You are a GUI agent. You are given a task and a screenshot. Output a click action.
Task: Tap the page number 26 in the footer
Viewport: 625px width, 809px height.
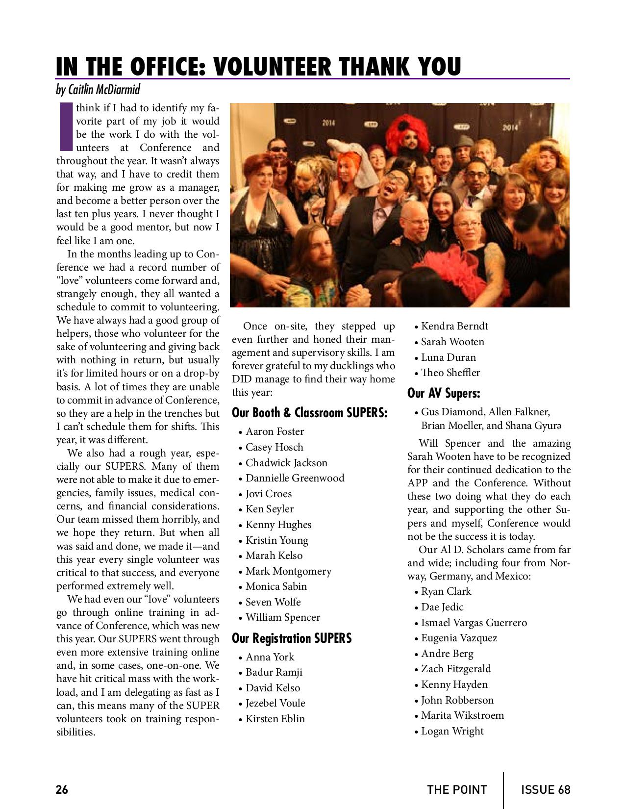pyautogui.click(x=62, y=789)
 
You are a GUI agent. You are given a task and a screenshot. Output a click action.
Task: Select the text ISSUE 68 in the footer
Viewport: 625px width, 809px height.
pyautogui.click(x=546, y=789)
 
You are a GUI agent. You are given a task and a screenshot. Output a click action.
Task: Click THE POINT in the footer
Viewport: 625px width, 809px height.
pyautogui.click(x=457, y=789)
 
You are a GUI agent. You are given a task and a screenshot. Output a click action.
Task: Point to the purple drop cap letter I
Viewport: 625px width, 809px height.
pyautogui.click(x=65, y=126)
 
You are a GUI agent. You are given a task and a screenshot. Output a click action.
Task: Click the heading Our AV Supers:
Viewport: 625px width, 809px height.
pyautogui.click(x=444, y=393)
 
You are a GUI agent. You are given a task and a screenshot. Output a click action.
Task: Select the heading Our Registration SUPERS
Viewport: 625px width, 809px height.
pyautogui.click(x=292, y=638)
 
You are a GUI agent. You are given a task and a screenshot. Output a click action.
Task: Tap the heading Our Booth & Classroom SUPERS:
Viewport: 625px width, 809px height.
pyautogui.click(x=309, y=412)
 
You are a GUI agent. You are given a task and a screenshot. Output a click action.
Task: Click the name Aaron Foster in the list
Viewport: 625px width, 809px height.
pyautogui.click(x=275, y=431)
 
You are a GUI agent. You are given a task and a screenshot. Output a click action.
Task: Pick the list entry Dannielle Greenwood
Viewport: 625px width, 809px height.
pyautogui.click(x=295, y=478)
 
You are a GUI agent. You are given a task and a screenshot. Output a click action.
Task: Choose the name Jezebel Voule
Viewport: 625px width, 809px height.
pyautogui.click(x=275, y=703)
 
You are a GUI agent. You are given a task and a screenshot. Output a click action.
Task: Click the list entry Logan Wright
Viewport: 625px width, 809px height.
pyautogui.click(x=452, y=731)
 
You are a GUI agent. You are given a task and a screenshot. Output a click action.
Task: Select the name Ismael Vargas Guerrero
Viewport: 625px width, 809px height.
pyautogui.click(x=474, y=623)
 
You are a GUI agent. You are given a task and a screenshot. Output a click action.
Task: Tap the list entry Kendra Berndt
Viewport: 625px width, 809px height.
pyautogui.click(x=454, y=326)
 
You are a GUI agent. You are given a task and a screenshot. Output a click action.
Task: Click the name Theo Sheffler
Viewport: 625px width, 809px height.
pyautogui.click(x=450, y=373)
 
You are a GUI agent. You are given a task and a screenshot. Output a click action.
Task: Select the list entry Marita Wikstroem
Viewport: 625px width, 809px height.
pyautogui.click(x=462, y=715)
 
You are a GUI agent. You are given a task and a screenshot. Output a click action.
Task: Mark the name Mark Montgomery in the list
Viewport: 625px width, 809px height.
pyautogui.click(x=288, y=571)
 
